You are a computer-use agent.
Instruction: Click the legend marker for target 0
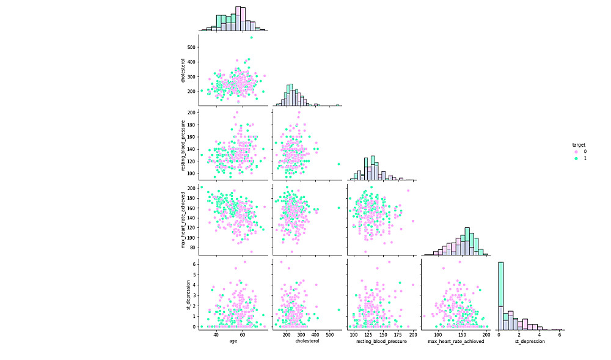point(576,152)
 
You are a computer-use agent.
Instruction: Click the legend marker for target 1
point(576,158)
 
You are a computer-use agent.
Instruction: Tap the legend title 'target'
point(579,145)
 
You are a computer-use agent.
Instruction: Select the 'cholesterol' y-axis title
point(183,71)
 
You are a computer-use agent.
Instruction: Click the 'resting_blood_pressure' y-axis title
point(183,145)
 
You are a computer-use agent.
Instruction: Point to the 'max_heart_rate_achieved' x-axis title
point(456,341)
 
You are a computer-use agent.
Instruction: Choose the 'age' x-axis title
point(233,341)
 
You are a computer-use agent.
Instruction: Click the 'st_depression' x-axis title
point(529,341)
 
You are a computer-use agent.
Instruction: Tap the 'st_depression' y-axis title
point(187,295)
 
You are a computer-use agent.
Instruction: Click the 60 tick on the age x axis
point(243,335)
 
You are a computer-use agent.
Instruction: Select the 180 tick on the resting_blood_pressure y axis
point(192,125)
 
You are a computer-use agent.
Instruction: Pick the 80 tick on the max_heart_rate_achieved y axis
point(193,248)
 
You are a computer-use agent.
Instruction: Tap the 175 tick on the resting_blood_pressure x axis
point(398,335)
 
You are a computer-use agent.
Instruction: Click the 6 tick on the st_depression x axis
point(559,335)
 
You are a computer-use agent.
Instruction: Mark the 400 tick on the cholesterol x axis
point(315,335)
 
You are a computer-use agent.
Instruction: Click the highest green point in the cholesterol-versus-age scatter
point(251,38)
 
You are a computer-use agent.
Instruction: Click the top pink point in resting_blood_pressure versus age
point(237,112)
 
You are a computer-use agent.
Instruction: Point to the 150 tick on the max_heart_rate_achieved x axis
point(462,335)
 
